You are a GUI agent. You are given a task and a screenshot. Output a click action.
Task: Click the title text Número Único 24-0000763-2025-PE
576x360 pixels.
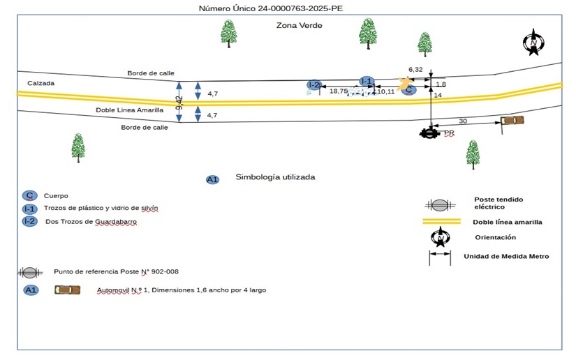tap(272, 9)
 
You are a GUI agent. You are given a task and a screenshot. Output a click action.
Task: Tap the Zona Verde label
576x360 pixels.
tap(299, 25)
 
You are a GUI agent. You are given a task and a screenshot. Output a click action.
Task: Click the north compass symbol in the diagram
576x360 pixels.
tap(533, 43)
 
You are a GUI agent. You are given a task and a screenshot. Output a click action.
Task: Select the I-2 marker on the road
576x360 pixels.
tap(314, 85)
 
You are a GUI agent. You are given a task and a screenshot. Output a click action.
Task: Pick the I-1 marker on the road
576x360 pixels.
tap(367, 81)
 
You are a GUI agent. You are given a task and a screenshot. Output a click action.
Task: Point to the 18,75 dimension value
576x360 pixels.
tap(339, 91)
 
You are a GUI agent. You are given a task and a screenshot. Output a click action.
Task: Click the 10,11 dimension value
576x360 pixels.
tap(385, 91)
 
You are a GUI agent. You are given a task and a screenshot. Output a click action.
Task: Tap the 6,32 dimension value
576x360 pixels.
tap(415, 69)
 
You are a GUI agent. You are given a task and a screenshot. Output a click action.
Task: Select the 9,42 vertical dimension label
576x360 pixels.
tap(179, 103)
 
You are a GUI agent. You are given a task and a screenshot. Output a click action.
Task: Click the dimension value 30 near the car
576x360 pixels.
tap(462, 121)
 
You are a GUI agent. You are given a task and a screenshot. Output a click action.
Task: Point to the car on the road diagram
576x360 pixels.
tap(512, 121)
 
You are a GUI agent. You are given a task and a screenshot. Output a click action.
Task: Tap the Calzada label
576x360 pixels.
tap(40, 83)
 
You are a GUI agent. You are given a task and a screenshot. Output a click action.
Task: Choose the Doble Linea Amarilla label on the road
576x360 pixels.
tap(130, 110)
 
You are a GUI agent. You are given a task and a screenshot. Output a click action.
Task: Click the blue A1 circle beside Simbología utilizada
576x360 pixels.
tap(213, 179)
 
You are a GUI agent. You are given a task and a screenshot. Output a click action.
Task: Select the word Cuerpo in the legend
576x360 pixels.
tap(56, 196)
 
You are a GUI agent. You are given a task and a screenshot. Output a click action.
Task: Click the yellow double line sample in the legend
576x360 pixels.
tap(441, 222)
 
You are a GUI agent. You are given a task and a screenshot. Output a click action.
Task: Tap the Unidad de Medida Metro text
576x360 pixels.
tap(506, 256)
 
